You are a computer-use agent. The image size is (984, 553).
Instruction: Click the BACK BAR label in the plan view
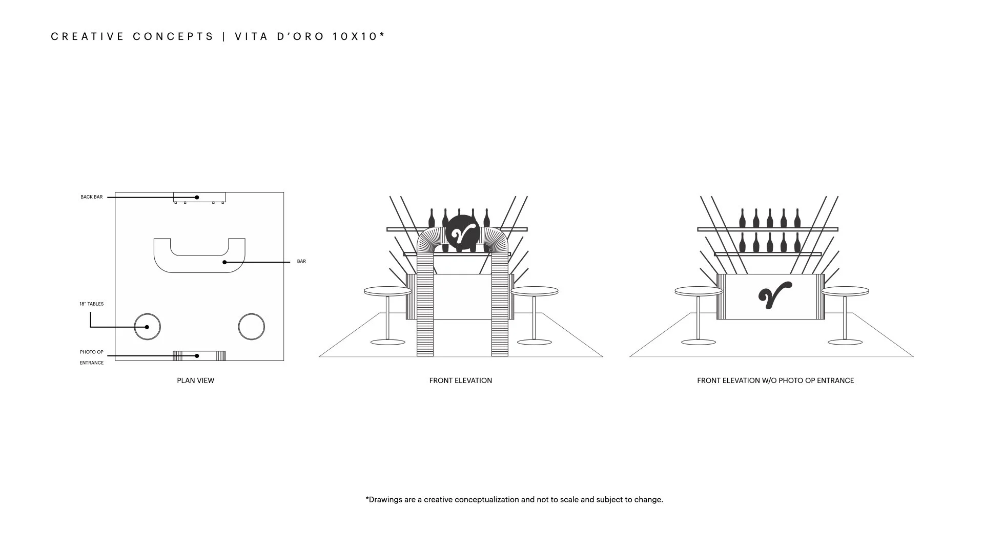(91, 197)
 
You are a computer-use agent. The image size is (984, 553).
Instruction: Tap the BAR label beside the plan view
(301, 262)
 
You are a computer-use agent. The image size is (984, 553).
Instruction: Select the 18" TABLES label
(91, 304)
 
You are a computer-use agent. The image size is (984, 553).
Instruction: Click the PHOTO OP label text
(91, 352)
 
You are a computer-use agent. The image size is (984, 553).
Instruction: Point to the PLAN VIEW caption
(195, 380)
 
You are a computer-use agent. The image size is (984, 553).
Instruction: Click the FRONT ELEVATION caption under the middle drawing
(460, 380)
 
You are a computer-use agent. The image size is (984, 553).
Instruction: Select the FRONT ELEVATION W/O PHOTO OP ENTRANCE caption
(775, 380)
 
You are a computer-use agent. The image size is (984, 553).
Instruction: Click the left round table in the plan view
(147, 327)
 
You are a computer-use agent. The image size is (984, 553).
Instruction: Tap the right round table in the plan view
(252, 327)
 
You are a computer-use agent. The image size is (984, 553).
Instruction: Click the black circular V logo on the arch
(463, 233)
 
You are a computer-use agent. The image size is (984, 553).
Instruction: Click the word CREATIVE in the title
(87, 36)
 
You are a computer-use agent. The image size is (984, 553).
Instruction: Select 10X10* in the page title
(359, 36)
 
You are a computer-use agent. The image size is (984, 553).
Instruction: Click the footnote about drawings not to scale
(514, 499)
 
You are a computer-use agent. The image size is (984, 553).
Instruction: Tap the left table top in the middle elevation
(387, 291)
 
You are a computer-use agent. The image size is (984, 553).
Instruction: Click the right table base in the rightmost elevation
(845, 342)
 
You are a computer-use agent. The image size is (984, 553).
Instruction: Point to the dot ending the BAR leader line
(224, 262)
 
